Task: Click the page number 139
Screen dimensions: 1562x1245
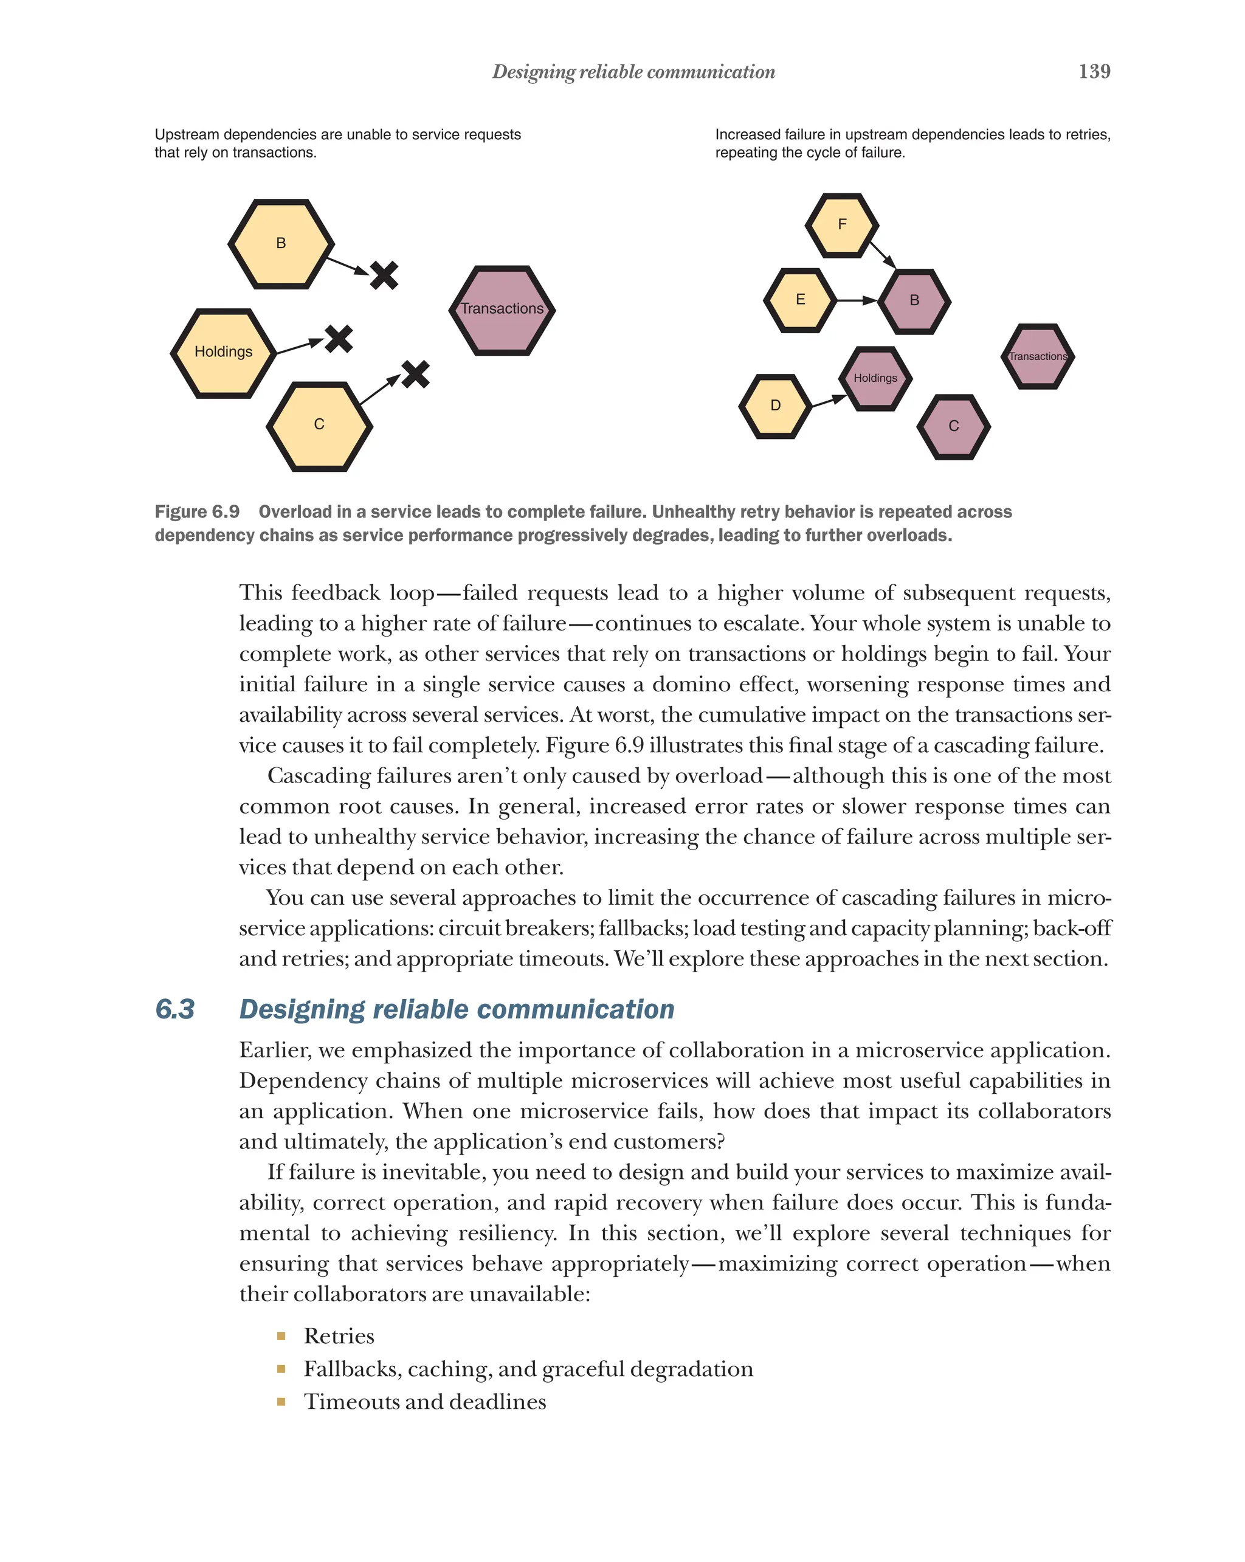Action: [x=1094, y=71]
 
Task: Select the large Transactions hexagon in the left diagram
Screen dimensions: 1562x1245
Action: [x=502, y=310]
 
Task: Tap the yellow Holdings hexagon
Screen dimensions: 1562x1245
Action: [x=223, y=353]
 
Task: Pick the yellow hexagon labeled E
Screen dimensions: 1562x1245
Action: [x=799, y=300]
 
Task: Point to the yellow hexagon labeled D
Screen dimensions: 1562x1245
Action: [x=775, y=406]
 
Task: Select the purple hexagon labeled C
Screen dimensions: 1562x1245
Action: [x=953, y=427]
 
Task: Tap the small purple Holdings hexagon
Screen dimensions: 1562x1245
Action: [x=875, y=378]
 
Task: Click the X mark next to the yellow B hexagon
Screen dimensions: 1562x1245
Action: [x=384, y=275]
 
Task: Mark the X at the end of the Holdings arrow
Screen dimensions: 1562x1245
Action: [x=338, y=338]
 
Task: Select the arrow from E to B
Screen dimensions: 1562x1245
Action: [x=856, y=300]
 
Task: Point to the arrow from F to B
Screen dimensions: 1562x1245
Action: [x=882, y=254]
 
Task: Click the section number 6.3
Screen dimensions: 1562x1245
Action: [x=174, y=1009]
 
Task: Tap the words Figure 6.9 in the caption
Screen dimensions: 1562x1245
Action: [x=197, y=511]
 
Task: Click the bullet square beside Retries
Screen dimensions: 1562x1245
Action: [x=281, y=1336]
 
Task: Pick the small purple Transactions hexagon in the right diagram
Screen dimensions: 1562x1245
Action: [x=1037, y=356]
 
